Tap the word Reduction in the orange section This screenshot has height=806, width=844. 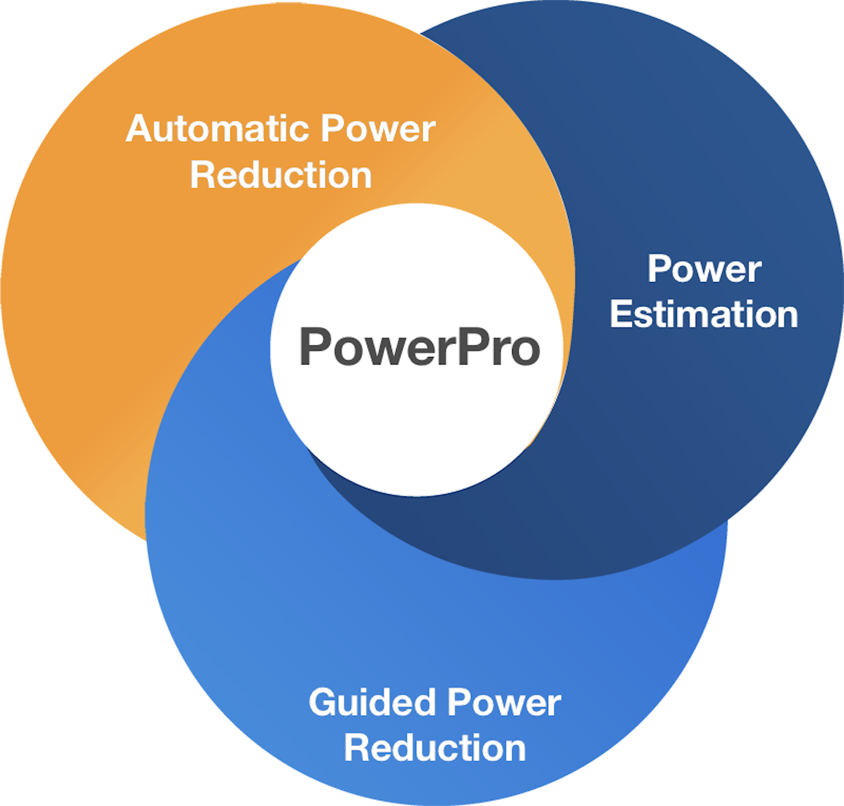click(x=281, y=175)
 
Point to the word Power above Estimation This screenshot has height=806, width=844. click(x=704, y=269)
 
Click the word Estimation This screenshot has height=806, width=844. click(x=704, y=314)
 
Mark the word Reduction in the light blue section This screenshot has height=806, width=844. click(x=435, y=748)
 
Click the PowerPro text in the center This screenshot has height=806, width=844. click(x=419, y=347)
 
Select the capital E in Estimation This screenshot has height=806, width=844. click(x=621, y=314)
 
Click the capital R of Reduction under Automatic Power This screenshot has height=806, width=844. click(x=202, y=175)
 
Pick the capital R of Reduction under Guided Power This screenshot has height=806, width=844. click(x=356, y=748)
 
